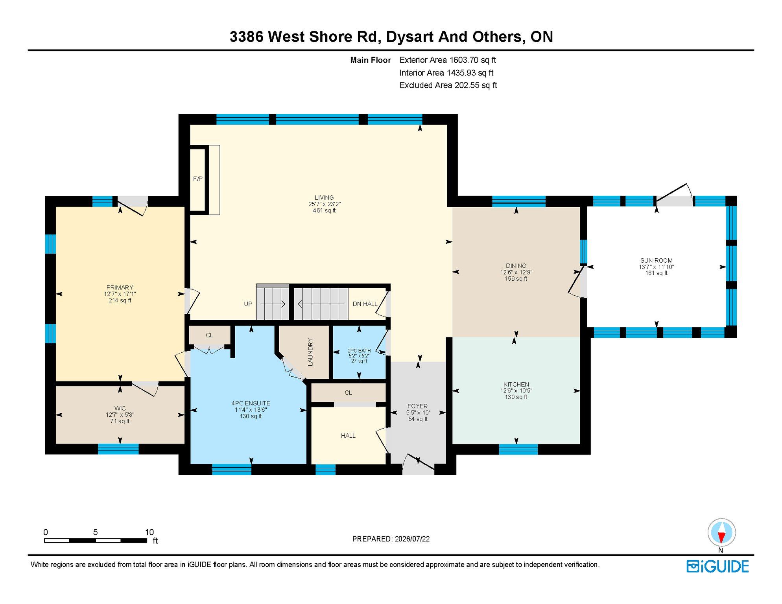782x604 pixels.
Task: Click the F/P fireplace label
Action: (x=198, y=179)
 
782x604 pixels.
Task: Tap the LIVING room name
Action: (x=324, y=197)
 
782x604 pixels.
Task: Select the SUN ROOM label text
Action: (x=657, y=260)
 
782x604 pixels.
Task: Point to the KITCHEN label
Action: (x=516, y=384)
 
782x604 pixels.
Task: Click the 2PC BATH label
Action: (x=359, y=351)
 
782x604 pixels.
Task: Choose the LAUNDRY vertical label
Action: (x=310, y=352)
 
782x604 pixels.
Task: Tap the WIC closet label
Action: (x=120, y=408)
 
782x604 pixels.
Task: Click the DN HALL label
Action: (x=365, y=304)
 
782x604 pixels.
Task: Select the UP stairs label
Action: (x=248, y=304)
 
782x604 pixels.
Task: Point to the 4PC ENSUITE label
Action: (x=251, y=403)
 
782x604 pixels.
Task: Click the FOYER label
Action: (x=418, y=406)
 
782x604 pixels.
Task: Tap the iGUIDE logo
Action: (x=718, y=566)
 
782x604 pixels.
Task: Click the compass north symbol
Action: (x=722, y=533)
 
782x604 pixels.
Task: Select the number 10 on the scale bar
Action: (x=149, y=532)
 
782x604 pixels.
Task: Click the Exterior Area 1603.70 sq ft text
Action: (x=448, y=60)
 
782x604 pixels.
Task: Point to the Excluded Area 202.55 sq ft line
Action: (x=448, y=85)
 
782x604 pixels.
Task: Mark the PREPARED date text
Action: (x=391, y=539)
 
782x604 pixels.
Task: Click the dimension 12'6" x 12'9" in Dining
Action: (x=516, y=272)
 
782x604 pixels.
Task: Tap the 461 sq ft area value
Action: (x=324, y=210)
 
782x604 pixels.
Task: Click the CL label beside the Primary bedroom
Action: (x=209, y=335)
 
